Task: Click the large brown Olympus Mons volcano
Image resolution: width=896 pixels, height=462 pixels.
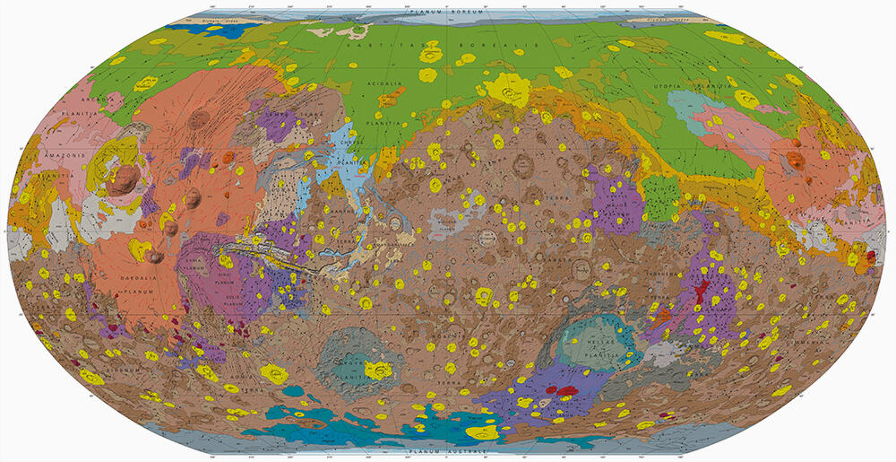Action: [x=125, y=179]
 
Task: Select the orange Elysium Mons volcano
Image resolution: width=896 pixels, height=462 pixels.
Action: [x=794, y=161]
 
